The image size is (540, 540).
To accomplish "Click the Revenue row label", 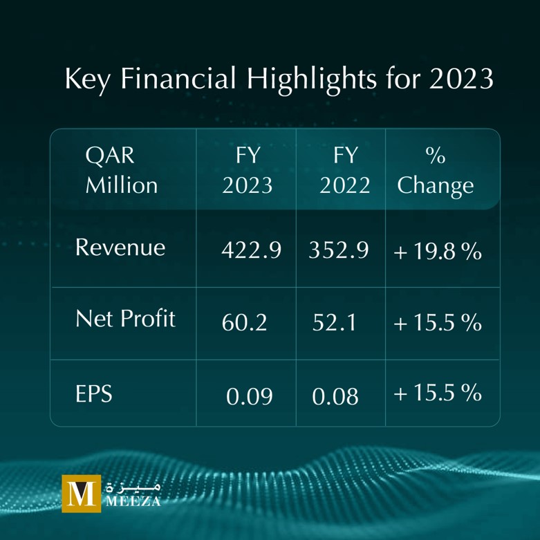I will coord(120,248).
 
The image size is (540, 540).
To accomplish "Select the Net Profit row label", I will coord(125,319).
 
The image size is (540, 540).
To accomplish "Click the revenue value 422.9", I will coord(250,250).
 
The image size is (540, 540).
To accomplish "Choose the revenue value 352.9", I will coord(338,250).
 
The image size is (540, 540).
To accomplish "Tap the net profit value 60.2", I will coord(244,322).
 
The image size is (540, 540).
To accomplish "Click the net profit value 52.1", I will coord(334,322).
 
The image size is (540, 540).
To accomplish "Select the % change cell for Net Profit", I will coord(437,322).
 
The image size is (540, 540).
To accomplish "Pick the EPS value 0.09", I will coord(249,397).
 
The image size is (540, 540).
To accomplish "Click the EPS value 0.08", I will coord(335,397).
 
